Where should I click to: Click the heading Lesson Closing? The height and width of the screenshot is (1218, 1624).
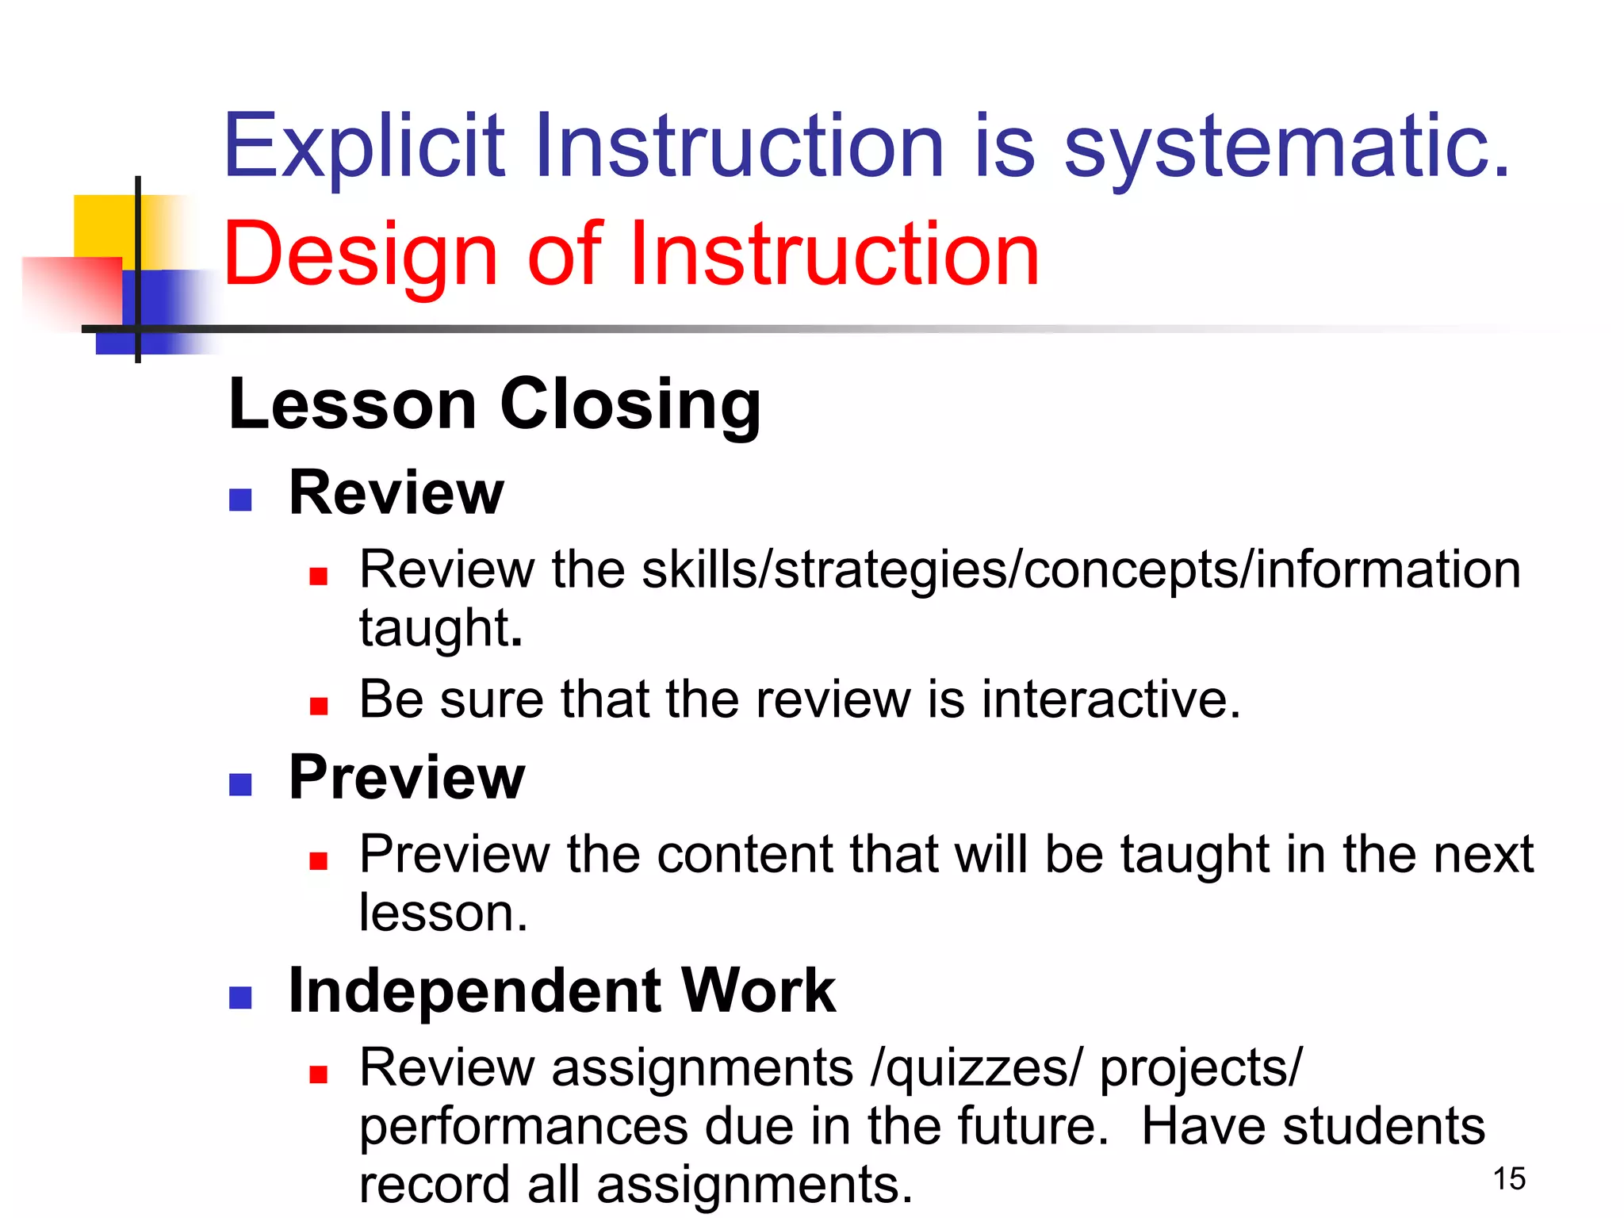pyautogui.click(x=495, y=404)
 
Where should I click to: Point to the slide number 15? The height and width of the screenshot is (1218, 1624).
pyautogui.click(x=1509, y=1179)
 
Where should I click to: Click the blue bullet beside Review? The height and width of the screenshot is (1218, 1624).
pyautogui.click(x=240, y=500)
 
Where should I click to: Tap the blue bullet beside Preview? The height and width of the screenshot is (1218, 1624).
pyautogui.click(x=240, y=784)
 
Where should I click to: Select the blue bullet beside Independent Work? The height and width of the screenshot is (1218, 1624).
pyautogui.click(x=240, y=998)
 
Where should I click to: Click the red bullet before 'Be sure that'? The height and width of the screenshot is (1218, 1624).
pyautogui.click(x=319, y=706)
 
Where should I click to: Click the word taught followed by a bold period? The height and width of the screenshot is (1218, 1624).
pyautogui.click(x=435, y=628)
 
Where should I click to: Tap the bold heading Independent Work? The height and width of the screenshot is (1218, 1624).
pyautogui.click(x=561, y=991)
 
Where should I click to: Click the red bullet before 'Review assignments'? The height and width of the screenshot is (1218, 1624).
pyautogui.click(x=319, y=1075)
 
